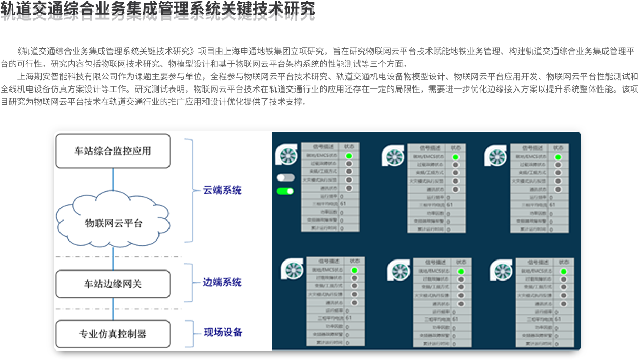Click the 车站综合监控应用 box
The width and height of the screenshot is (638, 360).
113,151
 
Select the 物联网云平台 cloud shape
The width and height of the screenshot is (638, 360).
113,223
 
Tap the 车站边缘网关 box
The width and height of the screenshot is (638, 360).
113,284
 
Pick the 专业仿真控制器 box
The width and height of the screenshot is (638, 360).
113,334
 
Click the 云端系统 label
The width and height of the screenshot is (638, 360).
222,190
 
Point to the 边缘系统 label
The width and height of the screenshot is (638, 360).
222,282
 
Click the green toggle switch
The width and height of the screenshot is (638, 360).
285,191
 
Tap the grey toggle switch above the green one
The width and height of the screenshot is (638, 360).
285,177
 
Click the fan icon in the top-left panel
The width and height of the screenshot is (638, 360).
286,155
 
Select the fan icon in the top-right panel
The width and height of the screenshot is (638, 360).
495,156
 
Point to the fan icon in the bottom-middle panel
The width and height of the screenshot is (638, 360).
398,271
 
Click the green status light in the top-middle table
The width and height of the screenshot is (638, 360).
455,157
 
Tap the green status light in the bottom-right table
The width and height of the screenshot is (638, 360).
563,271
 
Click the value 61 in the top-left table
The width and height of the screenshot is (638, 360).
343,204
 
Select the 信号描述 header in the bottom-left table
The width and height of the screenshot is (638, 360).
326,261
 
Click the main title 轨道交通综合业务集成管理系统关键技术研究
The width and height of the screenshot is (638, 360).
157,11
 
